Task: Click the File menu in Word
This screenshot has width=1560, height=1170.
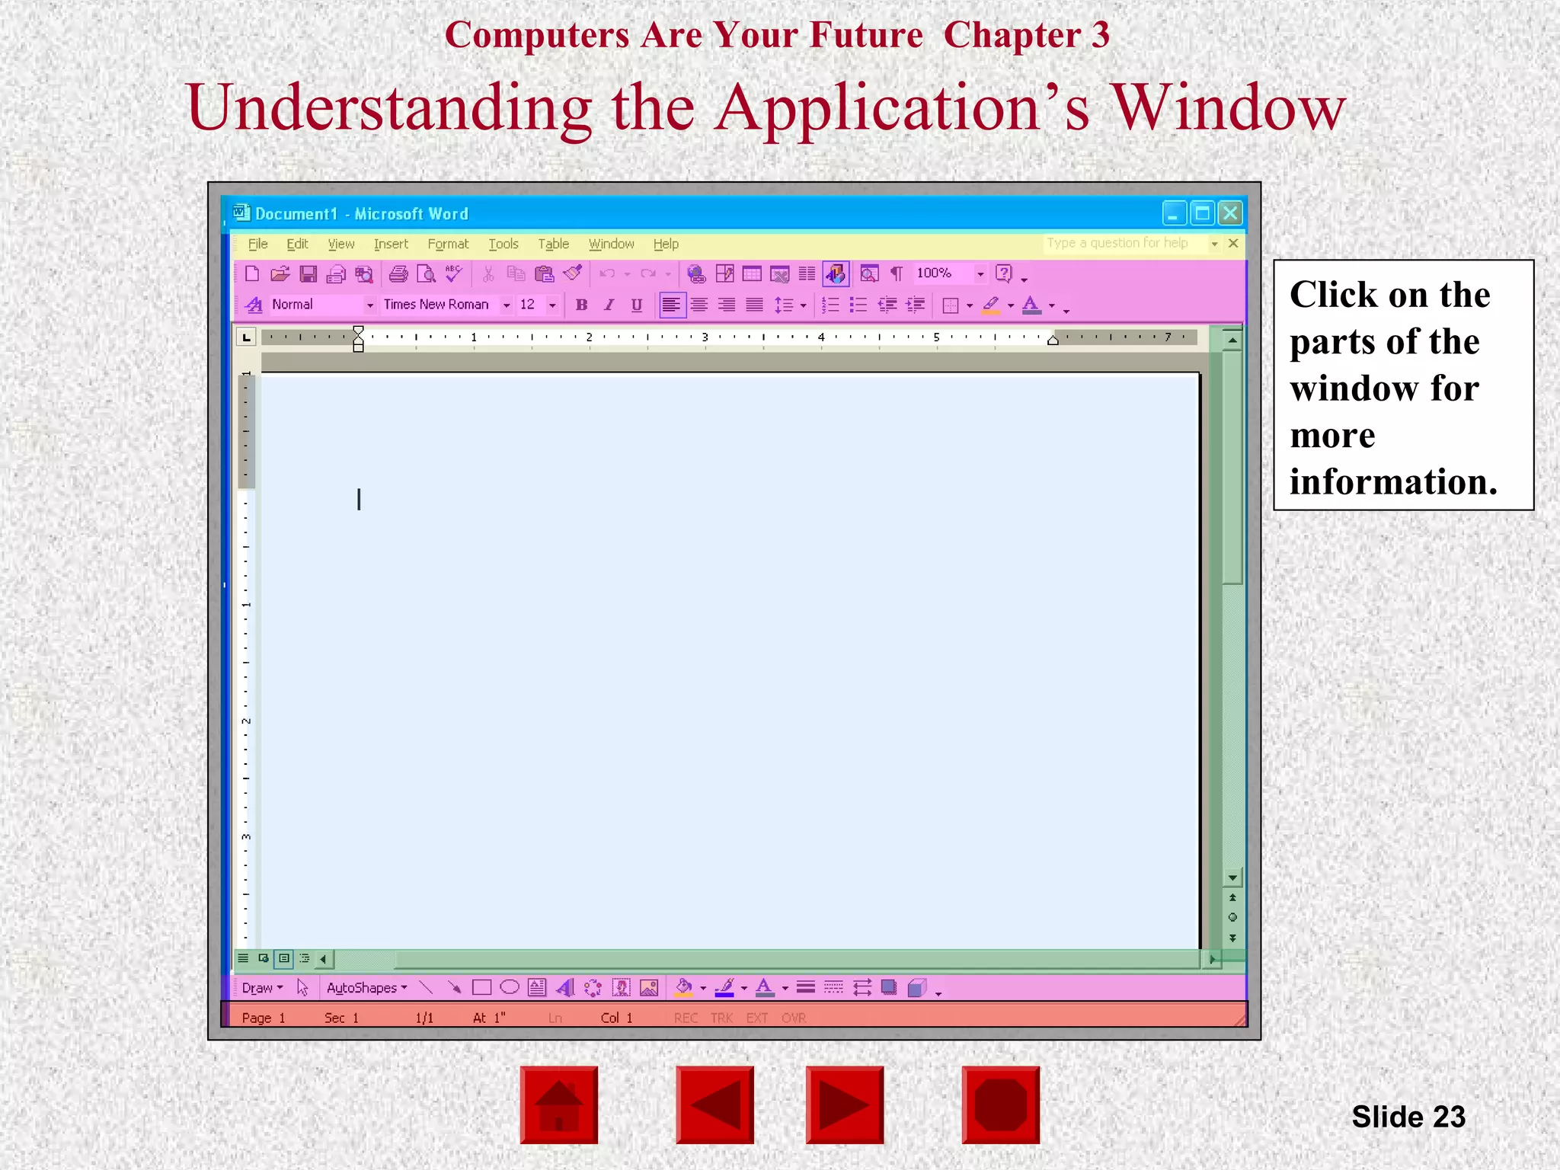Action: pyautogui.click(x=258, y=244)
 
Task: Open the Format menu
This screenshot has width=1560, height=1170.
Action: pyautogui.click(x=448, y=244)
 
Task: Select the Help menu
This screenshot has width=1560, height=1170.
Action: pyautogui.click(x=666, y=244)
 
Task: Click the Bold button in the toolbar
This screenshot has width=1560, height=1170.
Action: pyautogui.click(x=582, y=305)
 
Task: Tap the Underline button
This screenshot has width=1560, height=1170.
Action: pyautogui.click(x=637, y=305)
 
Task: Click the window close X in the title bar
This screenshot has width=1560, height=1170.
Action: pyautogui.click(x=1229, y=213)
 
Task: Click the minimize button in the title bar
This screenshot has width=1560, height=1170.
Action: pyautogui.click(x=1174, y=213)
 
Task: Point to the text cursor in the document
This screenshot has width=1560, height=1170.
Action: pyautogui.click(x=359, y=500)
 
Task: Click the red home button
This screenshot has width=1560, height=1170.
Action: pyautogui.click(x=559, y=1104)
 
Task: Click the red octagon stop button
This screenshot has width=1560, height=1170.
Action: pyautogui.click(x=1000, y=1104)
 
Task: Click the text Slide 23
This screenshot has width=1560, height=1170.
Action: pyautogui.click(x=1408, y=1117)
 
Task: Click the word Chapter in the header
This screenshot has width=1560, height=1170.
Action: pyautogui.click(x=1012, y=35)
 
